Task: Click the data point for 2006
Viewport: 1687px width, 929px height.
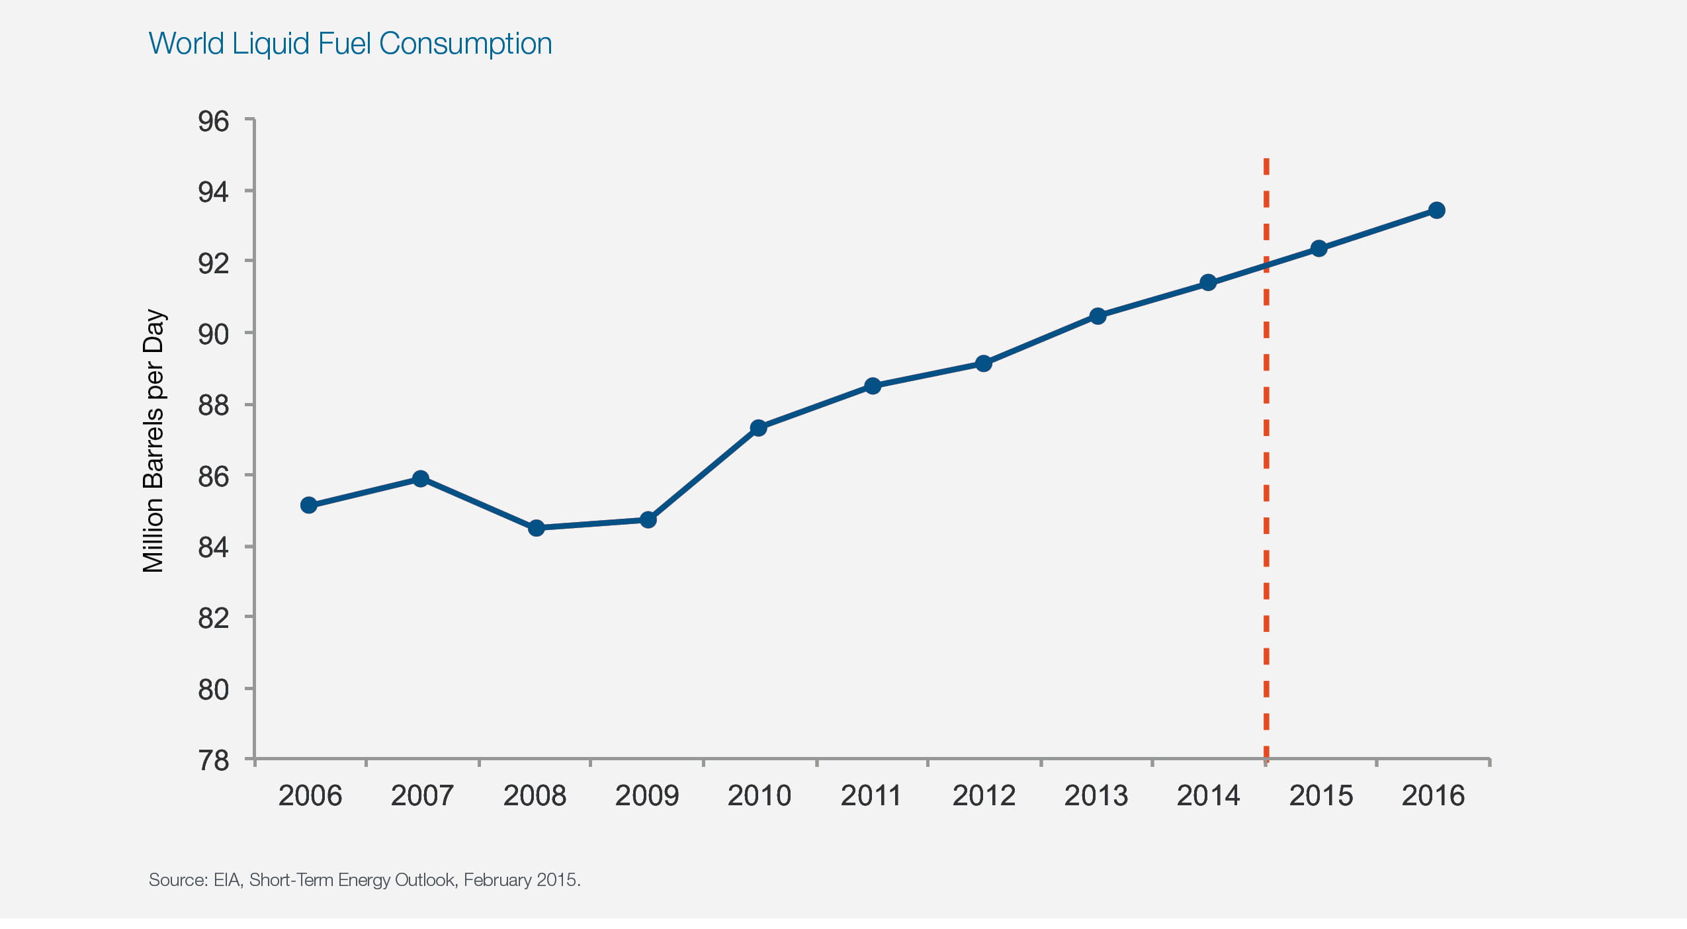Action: coord(308,506)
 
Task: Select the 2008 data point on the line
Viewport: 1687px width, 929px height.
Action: coord(537,528)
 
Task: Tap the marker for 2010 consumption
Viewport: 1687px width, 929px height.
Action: coord(759,428)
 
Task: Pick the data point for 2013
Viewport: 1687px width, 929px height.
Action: coord(1098,316)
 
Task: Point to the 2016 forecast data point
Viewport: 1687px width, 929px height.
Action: coord(1436,210)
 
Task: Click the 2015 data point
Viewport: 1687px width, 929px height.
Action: coord(1319,249)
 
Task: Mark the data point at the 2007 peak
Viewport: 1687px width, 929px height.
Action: coord(420,478)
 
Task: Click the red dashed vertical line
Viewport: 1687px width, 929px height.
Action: coord(1266,463)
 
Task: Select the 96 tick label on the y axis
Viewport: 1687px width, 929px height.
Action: coord(213,122)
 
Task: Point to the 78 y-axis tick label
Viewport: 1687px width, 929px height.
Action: coord(213,761)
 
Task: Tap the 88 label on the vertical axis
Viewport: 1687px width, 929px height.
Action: coord(213,406)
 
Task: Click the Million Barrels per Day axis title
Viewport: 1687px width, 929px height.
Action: coord(153,441)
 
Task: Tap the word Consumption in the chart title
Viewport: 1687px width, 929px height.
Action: coord(465,44)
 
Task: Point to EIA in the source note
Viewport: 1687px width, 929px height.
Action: coord(227,880)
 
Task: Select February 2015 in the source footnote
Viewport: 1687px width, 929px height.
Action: coord(521,880)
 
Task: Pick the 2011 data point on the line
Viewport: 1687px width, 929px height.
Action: coord(873,386)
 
